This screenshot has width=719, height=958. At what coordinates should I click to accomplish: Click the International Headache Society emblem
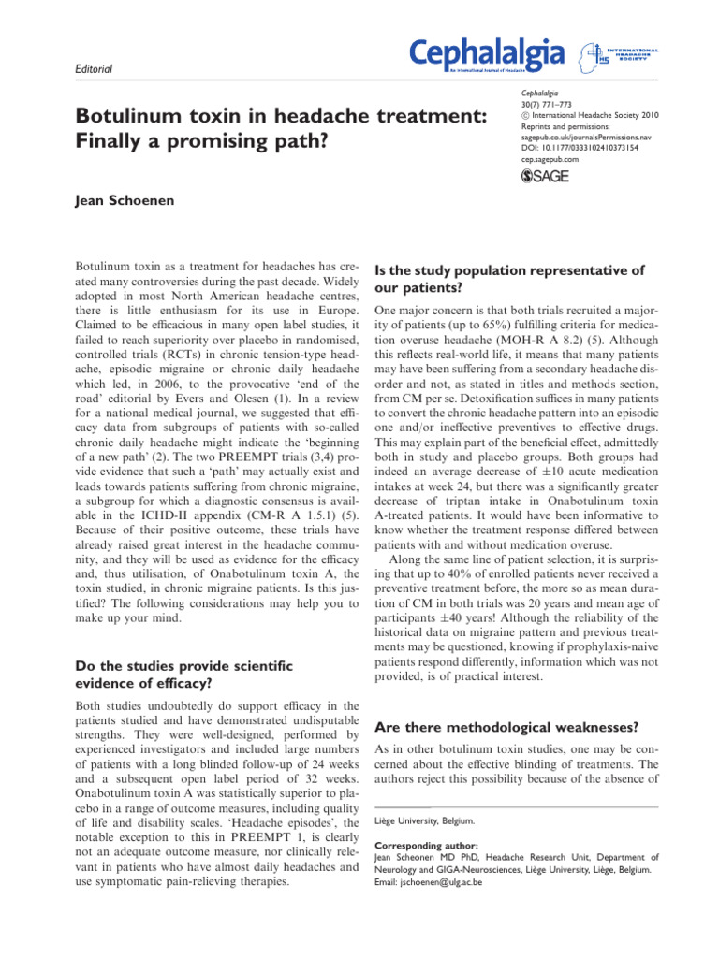592,54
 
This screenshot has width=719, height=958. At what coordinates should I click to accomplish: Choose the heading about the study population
509,279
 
